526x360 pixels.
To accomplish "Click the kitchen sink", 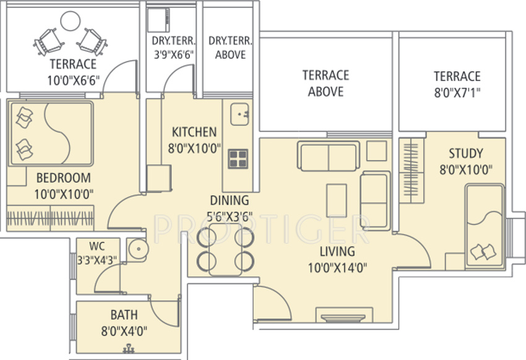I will (x=239, y=114).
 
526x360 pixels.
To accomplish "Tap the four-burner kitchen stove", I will (x=238, y=159).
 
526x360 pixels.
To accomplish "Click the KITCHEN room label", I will (x=194, y=132).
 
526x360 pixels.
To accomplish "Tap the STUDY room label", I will (x=466, y=153).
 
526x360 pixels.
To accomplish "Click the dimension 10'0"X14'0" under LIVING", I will (x=337, y=267).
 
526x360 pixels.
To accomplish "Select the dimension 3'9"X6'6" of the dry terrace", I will (x=173, y=55).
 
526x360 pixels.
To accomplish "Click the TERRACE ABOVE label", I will (x=326, y=84).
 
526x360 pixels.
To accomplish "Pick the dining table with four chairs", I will (x=225, y=249).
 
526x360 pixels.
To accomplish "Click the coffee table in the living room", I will (x=337, y=200).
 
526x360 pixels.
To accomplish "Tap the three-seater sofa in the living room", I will (x=328, y=156).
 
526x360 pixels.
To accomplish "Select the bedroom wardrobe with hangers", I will (x=49, y=218).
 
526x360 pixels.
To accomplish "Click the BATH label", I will (x=124, y=315).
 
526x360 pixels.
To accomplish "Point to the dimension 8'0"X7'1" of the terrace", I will (x=457, y=93).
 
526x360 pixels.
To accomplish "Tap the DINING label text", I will (x=229, y=200).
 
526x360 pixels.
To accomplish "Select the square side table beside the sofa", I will (x=376, y=150).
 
